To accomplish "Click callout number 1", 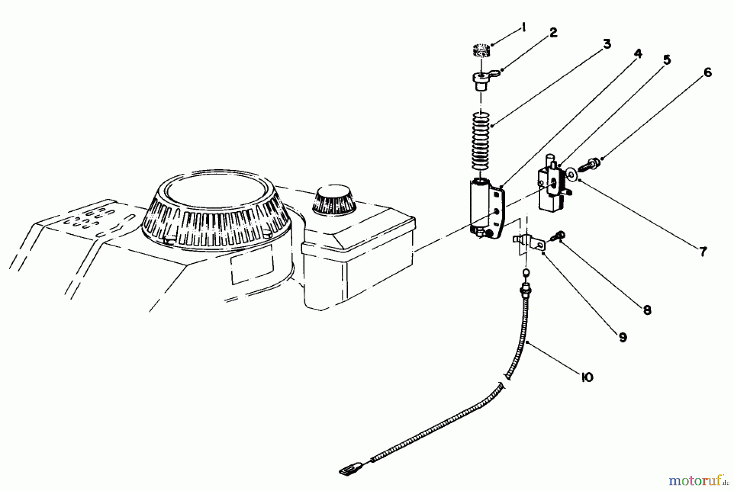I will (x=523, y=28).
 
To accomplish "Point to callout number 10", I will (x=586, y=378).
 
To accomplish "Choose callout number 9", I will (x=622, y=337).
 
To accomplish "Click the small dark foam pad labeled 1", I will (x=482, y=52).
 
